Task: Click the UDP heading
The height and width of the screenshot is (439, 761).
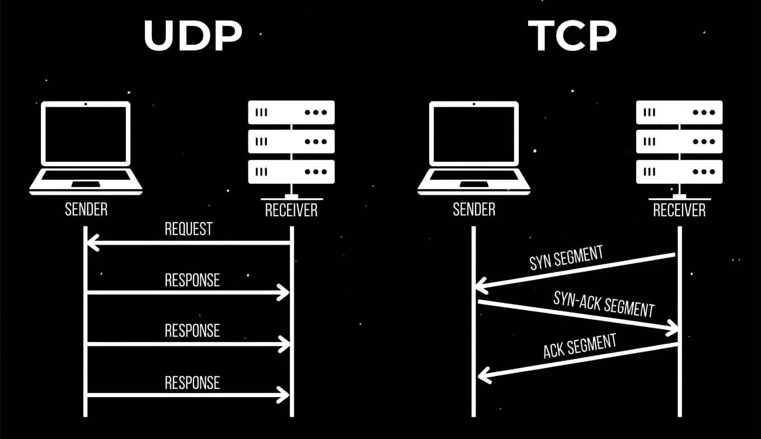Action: click(192, 35)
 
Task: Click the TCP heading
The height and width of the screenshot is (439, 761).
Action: click(572, 35)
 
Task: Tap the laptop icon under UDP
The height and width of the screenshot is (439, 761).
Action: click(86, 147)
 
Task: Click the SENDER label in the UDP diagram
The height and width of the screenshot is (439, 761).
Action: click(86, 209)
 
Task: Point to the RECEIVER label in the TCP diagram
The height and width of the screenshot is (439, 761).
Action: click(679, 210)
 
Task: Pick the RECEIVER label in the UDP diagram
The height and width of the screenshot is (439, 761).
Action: click(291, 210)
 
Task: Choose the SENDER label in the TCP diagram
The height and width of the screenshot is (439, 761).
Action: click(474, 209)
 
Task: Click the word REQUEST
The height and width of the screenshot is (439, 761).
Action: click(189, 229)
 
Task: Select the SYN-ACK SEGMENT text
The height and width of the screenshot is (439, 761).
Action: click(604, 304)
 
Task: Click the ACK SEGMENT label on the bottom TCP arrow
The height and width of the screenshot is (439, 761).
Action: click(580, 345)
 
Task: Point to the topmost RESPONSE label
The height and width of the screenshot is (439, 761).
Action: click(192, 280)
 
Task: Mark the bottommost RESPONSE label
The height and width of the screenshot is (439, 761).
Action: click(192, 383)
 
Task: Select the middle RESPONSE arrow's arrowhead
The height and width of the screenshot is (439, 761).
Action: click(283, 344)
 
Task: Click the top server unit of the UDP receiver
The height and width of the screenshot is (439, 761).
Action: click(291, 112)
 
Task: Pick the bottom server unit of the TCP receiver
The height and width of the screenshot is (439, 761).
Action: click(679, 172)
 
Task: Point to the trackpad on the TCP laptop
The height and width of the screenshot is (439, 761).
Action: click(474, 184)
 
